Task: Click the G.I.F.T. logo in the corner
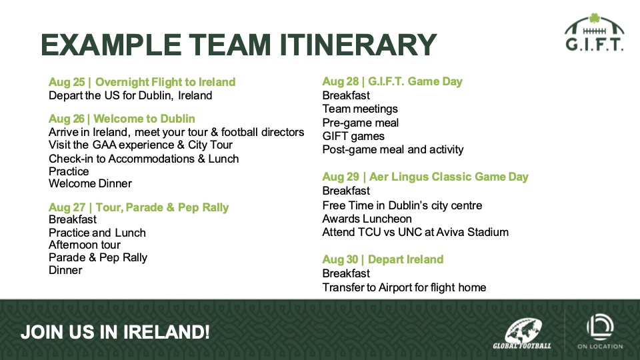pyautogui.click(x=594, y=32)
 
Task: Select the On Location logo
pyautogui.click(x=600, y=331)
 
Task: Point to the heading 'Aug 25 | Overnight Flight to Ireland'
pyautogui.click(x=142, y=82)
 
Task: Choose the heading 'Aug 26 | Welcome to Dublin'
pyautogui.click(x=121, y=119)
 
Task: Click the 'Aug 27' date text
pyautogui.click(x=67, y=207)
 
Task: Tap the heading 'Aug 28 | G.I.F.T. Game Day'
pyautogui.click(x=392, y=81)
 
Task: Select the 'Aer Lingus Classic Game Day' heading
pyautogui.click(x=449, y=177)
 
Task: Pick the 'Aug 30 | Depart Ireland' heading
pyautogui.click(x=383, y=259)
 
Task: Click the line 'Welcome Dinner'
pyautogui.click(x=90, y=184)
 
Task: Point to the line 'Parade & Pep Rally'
pyautogui.click(x=98, y=257)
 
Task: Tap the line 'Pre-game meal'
pyautogui.click(x=361, y=123)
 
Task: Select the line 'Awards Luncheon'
pyautogui.click(x=367, y=219)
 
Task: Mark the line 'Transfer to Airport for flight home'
pyautogui.click(x=404, y=288)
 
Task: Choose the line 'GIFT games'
pyautogui.click(x=353, y=136)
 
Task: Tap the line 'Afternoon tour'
pyautogui.click(x=85, y=245)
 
